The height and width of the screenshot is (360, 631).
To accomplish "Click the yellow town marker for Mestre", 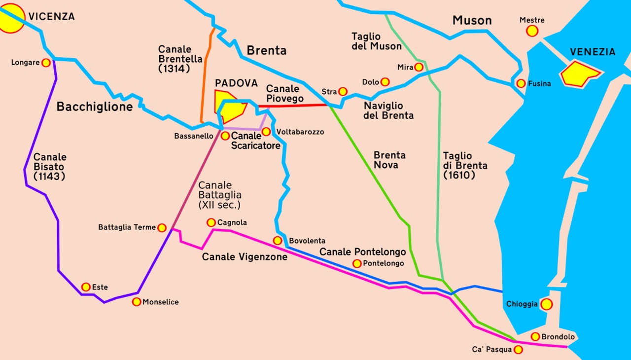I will (x=532, y=31).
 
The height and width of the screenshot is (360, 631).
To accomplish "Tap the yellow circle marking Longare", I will (x=46, y=63).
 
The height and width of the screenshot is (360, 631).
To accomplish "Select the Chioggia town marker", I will (x=546, y=304).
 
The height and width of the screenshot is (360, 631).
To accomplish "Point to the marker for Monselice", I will (x=137, y=302).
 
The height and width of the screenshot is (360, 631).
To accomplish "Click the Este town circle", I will (x=86, y=287).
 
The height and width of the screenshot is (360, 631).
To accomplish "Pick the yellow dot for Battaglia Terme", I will (x=161, y=227).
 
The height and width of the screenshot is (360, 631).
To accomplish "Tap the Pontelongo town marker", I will (x=357, y=263).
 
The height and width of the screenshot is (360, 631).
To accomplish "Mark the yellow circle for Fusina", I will (x=521, y=83).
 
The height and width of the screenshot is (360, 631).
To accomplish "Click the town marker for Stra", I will (x=343, y=92).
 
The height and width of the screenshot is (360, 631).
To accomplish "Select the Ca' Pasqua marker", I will (x=518, y=350).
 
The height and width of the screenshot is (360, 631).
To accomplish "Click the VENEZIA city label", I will (x=592, y=52).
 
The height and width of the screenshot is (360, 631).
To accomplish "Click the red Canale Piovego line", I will (x=296, y=106).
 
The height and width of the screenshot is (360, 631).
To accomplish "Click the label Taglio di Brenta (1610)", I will (x=464, y=165).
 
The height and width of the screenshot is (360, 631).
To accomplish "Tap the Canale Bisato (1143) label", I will (x=50, y=166).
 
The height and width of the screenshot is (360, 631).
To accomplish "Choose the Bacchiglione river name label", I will (x=95, y=107).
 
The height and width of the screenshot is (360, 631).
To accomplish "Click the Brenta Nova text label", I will (x=389, y=160).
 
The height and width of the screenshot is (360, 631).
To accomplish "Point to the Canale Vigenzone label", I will (x=245, y=256).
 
